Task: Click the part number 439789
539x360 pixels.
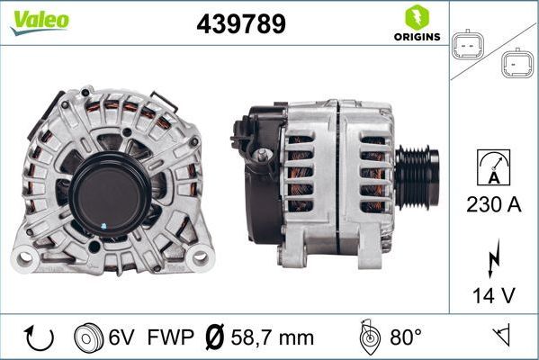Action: (241, 24)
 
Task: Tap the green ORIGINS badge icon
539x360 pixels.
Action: (416, 18)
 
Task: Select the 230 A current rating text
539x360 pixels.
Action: (495, 203)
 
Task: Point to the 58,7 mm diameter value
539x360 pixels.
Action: (274, 337)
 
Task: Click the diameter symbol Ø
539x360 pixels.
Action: (216, 337)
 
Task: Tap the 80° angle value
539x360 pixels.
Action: (406, 337)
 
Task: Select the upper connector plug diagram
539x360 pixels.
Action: (467, 44)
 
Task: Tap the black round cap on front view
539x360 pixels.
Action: (110, 190)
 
